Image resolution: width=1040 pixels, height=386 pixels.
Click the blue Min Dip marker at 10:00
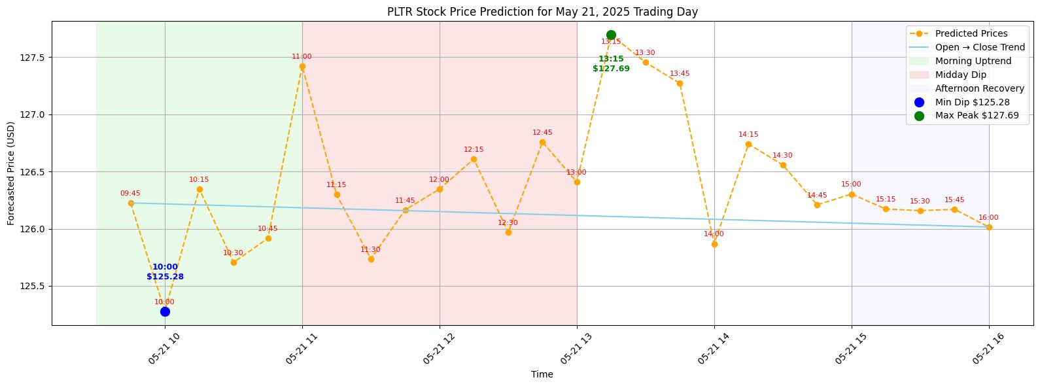tap(165, 311)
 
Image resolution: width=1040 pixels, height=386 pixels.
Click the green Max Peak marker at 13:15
tap(611, 35)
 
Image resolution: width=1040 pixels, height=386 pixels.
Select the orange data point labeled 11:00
tap(302, 67)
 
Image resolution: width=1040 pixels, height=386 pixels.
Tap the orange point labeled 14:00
tap(714, 244)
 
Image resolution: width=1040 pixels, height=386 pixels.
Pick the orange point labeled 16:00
tap(990, 227)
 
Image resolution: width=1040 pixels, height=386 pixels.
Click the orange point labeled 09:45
tap(131, 203)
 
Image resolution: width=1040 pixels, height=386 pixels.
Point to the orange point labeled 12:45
tap(542, 142)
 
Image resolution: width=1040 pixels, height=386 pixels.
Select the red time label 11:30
tap(370, 249)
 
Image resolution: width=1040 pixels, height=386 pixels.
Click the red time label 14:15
tap(748, 134)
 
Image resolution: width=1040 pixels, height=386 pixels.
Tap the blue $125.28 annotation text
tap(165, 277)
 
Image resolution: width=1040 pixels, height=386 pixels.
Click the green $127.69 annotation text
tap(611, 69)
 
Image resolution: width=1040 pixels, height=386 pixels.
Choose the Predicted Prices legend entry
tap(959, 33)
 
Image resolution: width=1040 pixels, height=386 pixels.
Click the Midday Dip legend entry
tap(948, 75)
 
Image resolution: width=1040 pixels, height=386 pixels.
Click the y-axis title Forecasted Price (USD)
tap(11, 173)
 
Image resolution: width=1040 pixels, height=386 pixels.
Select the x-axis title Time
tap(542, 374)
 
